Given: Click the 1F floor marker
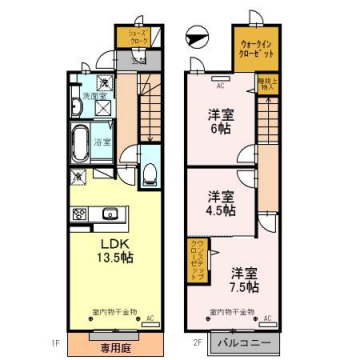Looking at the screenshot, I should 63,346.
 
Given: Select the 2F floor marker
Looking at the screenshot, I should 198,346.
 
